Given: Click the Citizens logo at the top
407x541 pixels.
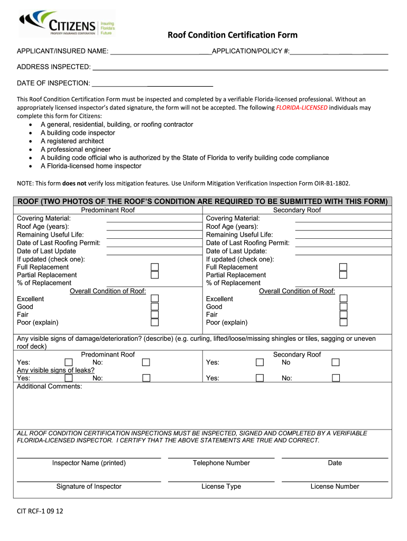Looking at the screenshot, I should [x=66, y=24].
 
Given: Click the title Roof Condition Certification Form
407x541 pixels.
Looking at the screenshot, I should [x=233, y=35].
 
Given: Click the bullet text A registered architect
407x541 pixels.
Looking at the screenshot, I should [x=72, y=141].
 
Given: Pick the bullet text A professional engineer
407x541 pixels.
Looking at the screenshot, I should [x=76, y=150].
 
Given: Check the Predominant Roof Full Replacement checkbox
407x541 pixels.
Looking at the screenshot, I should [x=155, y=267].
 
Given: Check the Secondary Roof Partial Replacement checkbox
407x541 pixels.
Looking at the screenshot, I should [x=343, y=275].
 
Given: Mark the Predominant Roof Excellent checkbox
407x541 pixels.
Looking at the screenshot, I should [x=155, y=299].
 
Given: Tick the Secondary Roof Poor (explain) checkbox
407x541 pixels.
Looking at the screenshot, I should [x=343, y=322].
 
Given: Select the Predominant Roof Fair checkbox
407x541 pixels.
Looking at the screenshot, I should [x=155, y=314].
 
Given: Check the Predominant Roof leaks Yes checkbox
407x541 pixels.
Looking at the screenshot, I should [x=69, y=378].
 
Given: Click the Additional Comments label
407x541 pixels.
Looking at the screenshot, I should [x=50, y=386].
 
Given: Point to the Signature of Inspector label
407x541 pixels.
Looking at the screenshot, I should [x=89, y=487].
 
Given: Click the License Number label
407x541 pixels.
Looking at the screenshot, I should [x=335, y=487].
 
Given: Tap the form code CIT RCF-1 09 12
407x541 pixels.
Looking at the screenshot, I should [x=40, y=511].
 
